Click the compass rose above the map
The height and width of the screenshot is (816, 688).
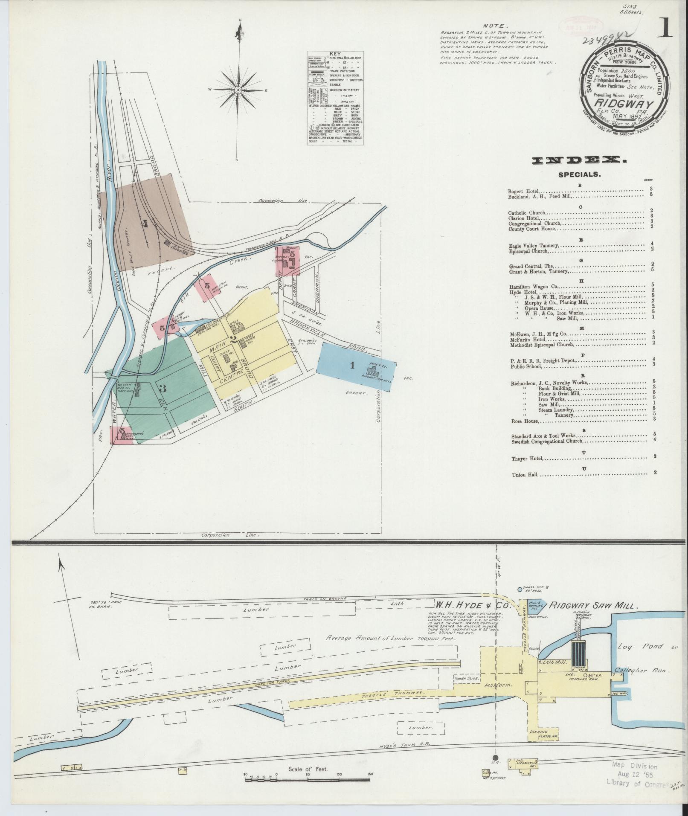(x=238, y=90)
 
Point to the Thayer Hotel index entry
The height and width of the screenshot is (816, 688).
(x=528, y=459)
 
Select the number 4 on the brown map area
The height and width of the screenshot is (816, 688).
(x=145, y=223)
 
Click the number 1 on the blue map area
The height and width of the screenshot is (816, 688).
(x=352, y=365)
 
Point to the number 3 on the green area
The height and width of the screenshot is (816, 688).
(x=163, y=388)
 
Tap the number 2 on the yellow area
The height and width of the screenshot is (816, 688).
(x=233, y=340)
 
